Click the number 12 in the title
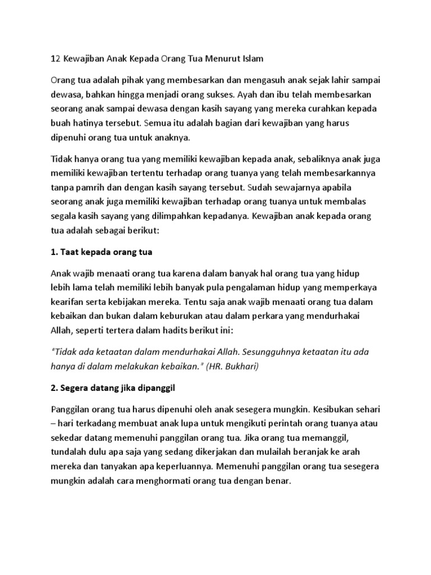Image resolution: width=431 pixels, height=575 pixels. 56,58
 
